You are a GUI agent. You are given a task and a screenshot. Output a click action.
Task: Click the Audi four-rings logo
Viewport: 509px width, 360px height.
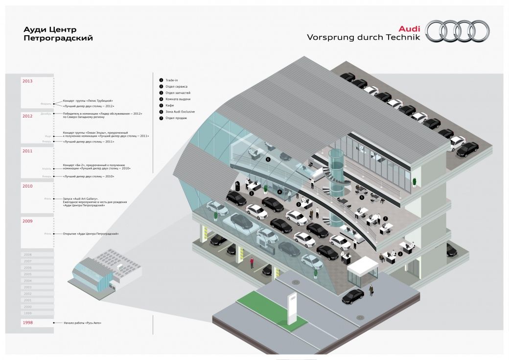point(457,31)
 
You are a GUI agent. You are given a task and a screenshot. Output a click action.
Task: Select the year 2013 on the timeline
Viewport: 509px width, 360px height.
point(27,81)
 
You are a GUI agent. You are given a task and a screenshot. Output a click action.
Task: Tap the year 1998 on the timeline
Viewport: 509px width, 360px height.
point(27,323)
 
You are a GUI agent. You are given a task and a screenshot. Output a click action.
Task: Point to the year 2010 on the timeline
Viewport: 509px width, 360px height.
point(27,186)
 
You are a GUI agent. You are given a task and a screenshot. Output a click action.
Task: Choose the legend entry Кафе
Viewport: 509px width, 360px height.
point(170,105)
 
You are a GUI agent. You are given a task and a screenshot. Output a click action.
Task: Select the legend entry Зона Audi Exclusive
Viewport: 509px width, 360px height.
point(180,112)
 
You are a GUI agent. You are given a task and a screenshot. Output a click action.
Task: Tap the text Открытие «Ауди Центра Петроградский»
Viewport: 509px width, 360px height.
point(91,234)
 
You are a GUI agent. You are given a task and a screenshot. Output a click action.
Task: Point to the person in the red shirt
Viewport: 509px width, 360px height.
point(252,262)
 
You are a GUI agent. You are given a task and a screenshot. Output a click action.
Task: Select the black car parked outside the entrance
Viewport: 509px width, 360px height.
point(353,296)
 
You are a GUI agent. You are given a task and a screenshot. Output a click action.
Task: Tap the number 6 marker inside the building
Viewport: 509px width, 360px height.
point(268,159)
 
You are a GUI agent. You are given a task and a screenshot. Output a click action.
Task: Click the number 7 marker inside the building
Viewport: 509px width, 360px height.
point(385,218)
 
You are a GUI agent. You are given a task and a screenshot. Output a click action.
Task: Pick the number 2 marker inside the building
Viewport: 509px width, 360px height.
point(400,254)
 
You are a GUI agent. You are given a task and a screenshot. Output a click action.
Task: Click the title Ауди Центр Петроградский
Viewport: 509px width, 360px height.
point(58,34)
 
